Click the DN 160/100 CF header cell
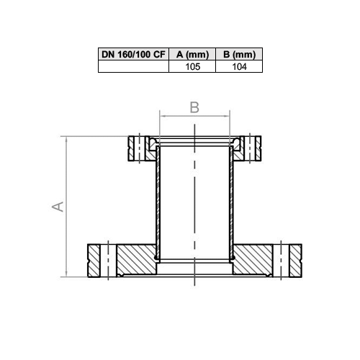133,54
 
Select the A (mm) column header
192,54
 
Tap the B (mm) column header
239,54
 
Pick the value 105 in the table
193,66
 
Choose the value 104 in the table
239,66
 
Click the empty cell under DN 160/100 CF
133,66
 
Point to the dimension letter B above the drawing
194,107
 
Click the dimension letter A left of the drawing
58,207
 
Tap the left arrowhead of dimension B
163,116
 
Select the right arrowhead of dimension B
227,116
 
